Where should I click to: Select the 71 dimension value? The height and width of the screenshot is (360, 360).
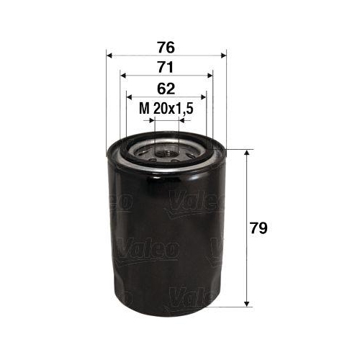pos(166,68)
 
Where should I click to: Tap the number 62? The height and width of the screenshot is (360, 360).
pos(166,89)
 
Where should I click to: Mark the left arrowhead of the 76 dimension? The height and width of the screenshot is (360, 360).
pos(109,55)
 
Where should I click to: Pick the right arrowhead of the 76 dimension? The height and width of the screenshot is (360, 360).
pos(222,55)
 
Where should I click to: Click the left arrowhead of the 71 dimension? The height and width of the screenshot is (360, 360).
pos(123,76)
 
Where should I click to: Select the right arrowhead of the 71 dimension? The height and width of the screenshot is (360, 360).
pos(210,76)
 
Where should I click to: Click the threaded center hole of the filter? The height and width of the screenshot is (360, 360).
pos(166,152)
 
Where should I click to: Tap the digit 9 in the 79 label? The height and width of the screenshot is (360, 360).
pos(266,229)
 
